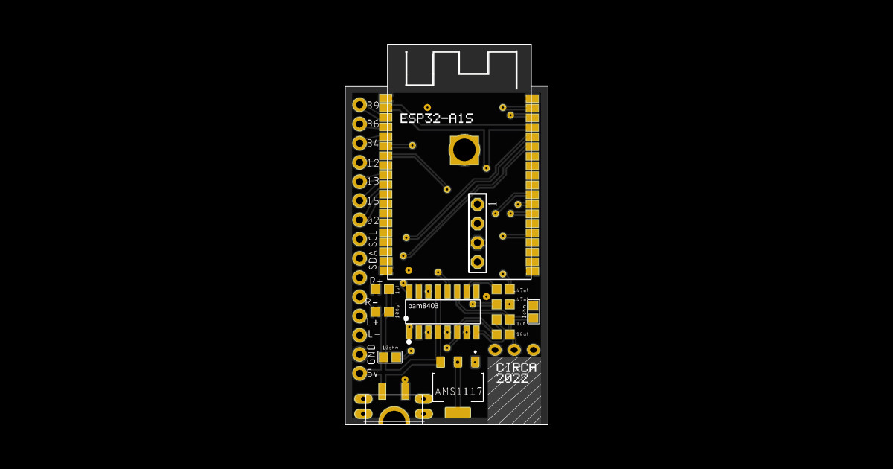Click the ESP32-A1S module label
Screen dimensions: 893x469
coord(436,118)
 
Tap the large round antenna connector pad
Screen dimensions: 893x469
coord(464,150)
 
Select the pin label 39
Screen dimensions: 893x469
coord(373,106)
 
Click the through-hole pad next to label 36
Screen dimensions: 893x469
coord(359,124)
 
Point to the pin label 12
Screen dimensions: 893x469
coord(373,163)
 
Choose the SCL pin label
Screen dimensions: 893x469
coord(373,240)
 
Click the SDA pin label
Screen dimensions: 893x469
coord(373,259)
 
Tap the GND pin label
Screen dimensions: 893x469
coord(372,354)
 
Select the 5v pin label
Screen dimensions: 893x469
coord(373,374)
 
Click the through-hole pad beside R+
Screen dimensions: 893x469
coord(359,278)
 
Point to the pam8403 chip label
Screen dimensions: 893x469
coord(423,306)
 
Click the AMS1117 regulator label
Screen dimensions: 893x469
coord(458,392)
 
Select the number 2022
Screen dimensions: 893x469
coord(512,379)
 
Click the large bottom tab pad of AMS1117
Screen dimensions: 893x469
coord(458,412)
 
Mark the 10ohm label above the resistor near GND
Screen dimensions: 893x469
coord(389,348)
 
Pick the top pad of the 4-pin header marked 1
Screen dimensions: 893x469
coord(478,203)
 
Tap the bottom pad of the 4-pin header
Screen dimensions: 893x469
coord(478,262)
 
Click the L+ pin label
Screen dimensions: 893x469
coord(373,322)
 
